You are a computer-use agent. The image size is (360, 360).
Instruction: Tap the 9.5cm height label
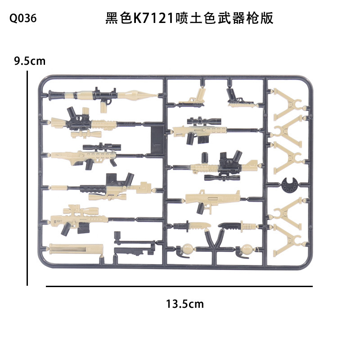coord(30,61)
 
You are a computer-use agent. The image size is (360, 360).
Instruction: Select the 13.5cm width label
coord(184,304)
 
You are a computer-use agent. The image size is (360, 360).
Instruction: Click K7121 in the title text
coord(152,18)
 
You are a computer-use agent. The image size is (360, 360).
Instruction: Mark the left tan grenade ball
coord(187,248)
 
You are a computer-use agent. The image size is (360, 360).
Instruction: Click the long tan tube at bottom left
coord(76,249)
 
